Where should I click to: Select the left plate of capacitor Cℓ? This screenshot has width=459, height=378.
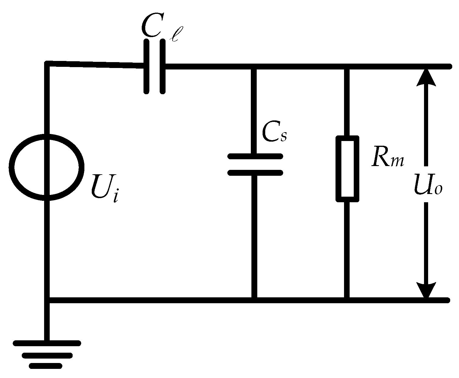tap(146, 67)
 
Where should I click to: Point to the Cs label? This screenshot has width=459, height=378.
tap(273, 134)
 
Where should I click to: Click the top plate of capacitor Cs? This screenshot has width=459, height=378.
tap(255, 156)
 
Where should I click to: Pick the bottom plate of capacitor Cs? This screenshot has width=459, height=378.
tap(255, 173)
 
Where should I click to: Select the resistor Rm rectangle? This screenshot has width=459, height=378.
tap(348, 169)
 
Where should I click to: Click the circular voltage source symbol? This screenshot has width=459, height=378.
tap(46, 167)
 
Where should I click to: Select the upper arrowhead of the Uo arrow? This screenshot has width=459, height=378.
tap(425, 77)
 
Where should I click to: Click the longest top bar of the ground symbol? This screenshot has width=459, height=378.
tap(47, 343)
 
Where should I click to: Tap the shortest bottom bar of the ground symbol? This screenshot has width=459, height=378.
tap(46, 366)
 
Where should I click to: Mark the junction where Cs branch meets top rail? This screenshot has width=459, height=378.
tap(255, 67)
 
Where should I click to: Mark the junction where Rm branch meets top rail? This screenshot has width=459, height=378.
tap(347, 67)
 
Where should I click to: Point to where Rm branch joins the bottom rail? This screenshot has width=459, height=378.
tap(347, 300)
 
